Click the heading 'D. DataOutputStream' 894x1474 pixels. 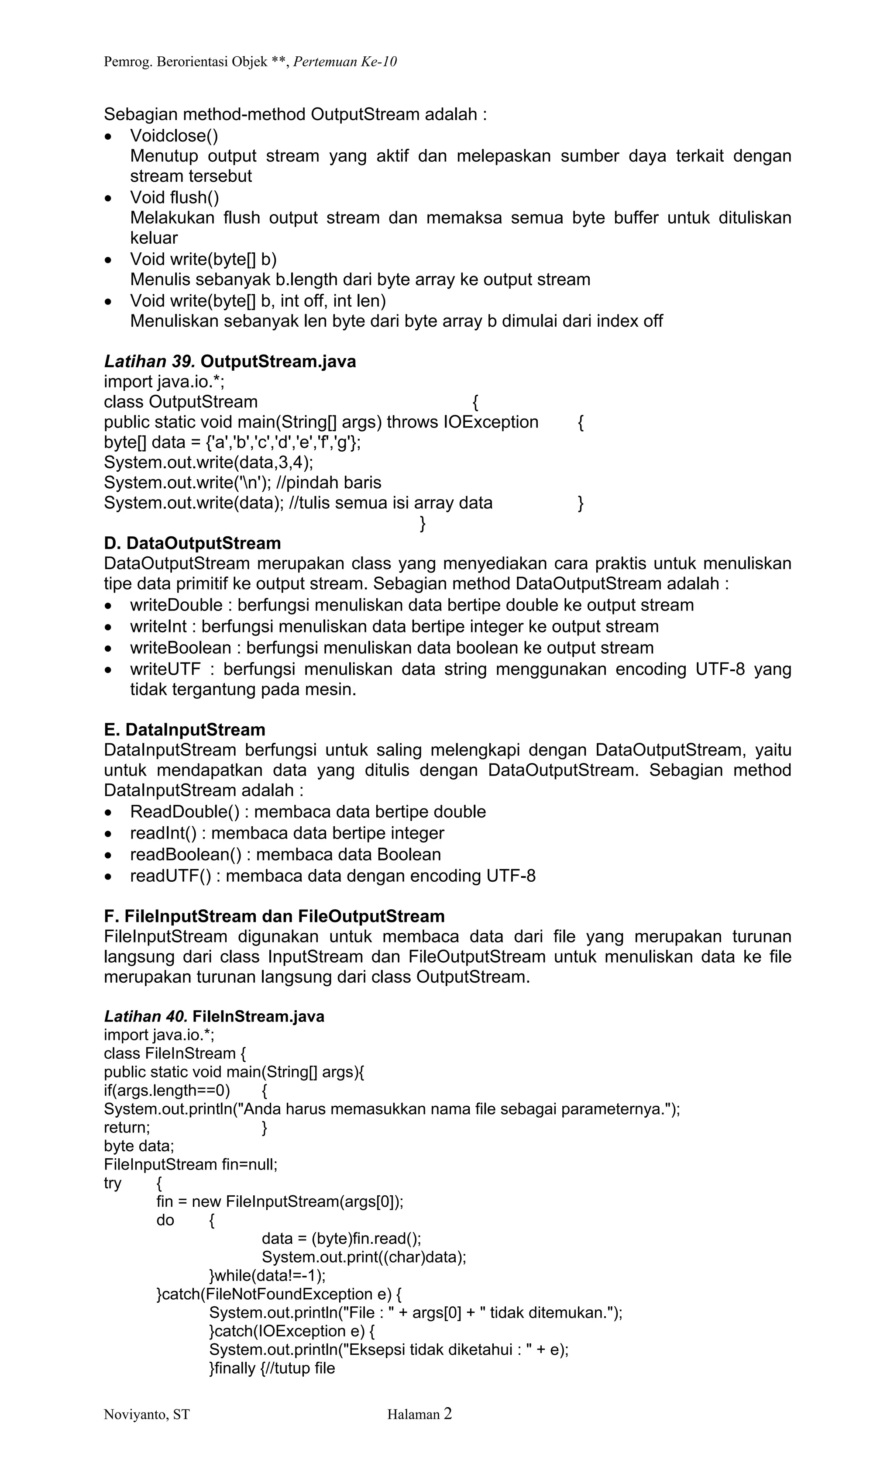pyautogui.click(x=192, y=543)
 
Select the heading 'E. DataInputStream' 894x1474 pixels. pyautogui.click(x=184, y=730)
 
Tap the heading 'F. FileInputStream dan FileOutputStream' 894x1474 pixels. pyautogui.click(x=274, y=916)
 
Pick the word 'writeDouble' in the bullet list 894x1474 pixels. pyautogui.click(x=176, y=605)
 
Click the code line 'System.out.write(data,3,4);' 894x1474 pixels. pyautogui.click(x=209, y=463)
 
